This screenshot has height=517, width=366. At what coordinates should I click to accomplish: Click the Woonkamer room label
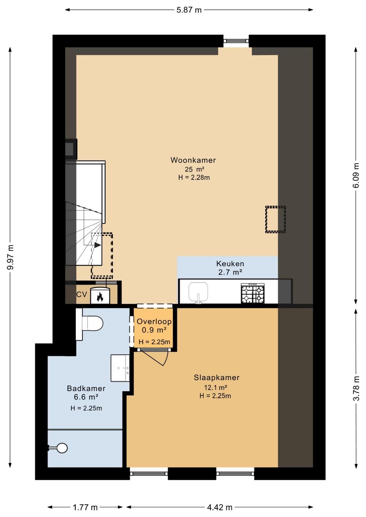tap(193, 160)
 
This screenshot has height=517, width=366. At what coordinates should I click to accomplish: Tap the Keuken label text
tap(230, 263)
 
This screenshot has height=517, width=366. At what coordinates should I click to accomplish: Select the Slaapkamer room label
tap(216, 378)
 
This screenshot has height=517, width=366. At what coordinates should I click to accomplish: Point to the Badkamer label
tap(86, 389)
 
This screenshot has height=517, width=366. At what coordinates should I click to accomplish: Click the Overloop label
tap(154, 322)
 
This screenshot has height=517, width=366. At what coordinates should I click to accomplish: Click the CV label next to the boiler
tap(82, 295)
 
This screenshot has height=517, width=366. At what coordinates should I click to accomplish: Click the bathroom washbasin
tap(120, 368)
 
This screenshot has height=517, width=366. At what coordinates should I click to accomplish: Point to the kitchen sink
tap(198, 292)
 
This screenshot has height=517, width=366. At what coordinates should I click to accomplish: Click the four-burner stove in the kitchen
tap(253, 293)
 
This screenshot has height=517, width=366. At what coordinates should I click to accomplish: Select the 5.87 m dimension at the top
tap(189, 10)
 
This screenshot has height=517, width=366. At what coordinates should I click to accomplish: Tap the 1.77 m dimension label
tap(85, 507)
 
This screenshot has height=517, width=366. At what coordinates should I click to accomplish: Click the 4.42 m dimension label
tap(219, 507)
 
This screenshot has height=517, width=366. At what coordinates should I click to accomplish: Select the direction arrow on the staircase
tap(97, 245)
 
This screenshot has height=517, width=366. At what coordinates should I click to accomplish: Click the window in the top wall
tap(236, 41)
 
